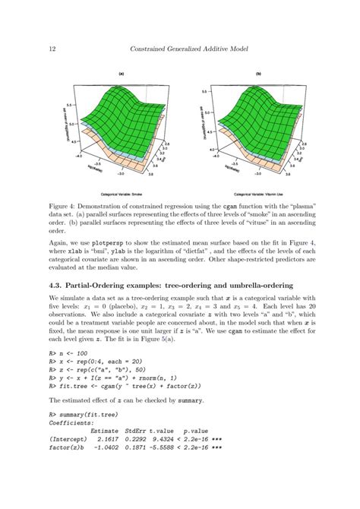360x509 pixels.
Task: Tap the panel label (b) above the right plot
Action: pos(258,74)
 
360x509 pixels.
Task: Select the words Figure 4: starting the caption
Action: pos(65,206)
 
